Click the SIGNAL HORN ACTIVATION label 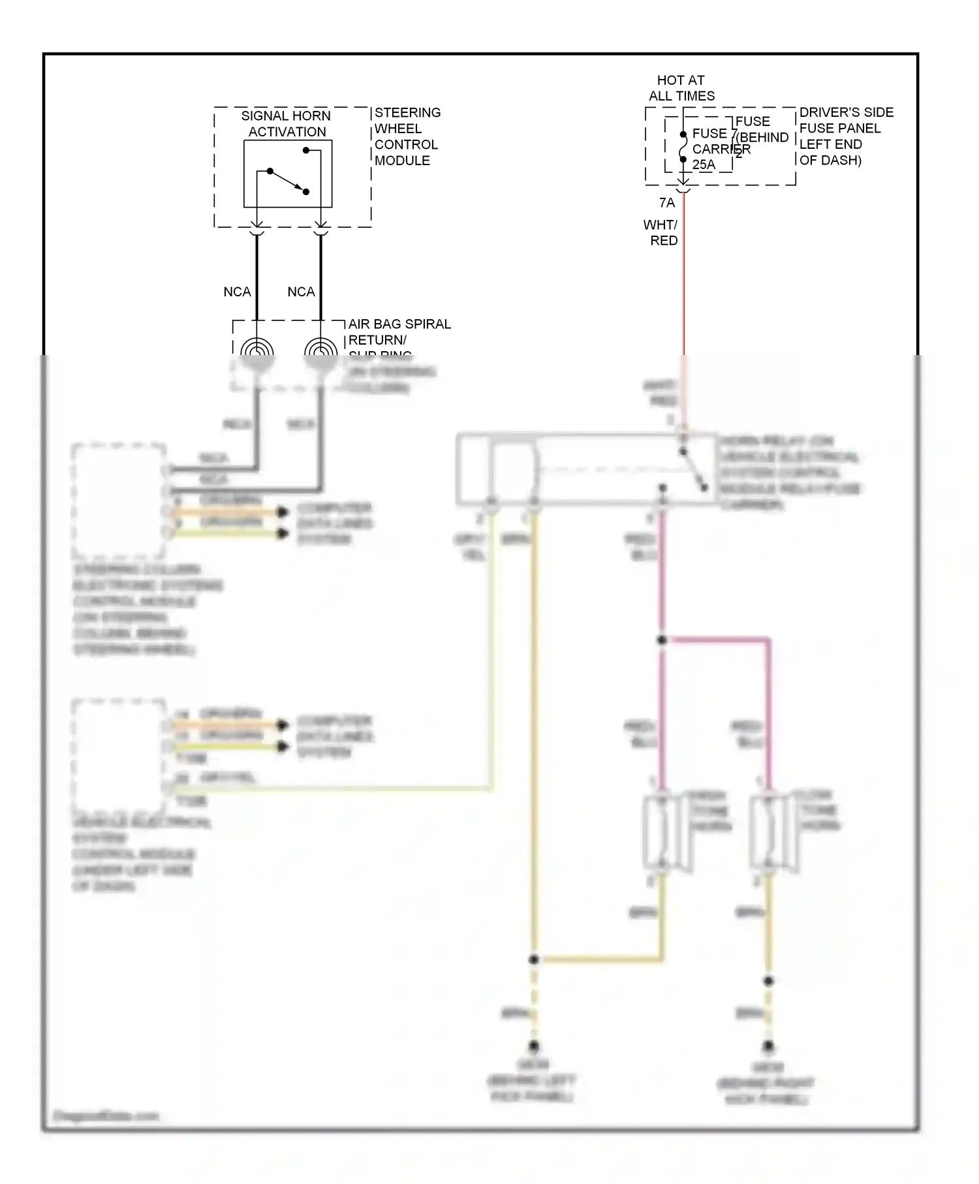click(286, 123)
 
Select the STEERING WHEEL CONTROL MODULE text click(406, 136)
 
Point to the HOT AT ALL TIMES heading click(681, 88)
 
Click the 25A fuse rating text click(704, 165)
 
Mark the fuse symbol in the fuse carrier click(683, 147)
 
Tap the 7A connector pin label click(666, 203)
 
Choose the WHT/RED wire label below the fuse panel click(661, 232)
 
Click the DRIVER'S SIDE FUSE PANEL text click(846, 136)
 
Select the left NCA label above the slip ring click(237, 292)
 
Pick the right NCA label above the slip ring click(301, 292)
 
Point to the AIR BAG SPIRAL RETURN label click(399, 332)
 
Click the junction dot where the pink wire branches click(662, 640)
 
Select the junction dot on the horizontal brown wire click(534, 959)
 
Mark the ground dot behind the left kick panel click(534, 1046)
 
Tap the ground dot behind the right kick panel click(768, 1046)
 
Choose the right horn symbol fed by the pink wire click(770, 832)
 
